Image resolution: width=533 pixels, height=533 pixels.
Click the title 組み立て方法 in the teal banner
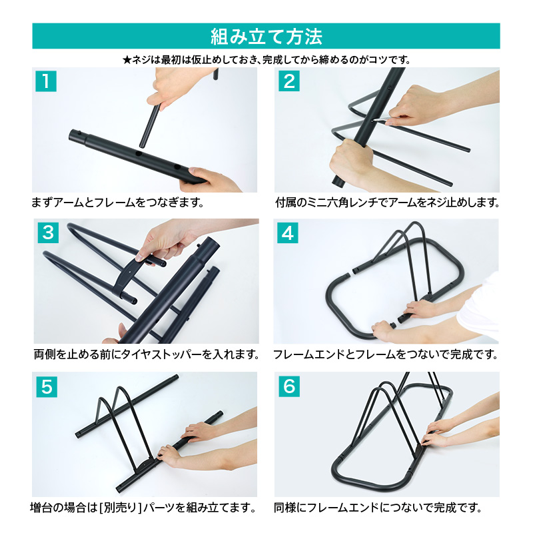266,37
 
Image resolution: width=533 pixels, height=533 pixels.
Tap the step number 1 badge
46,81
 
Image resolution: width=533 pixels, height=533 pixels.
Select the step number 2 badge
289,81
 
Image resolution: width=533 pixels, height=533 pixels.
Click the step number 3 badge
48,233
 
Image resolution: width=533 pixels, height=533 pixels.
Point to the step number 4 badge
288,233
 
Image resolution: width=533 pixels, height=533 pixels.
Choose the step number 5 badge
47,387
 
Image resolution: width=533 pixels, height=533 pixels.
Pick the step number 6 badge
289,386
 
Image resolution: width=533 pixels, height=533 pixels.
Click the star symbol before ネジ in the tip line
127,60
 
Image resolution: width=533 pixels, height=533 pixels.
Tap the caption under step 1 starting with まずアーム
118,203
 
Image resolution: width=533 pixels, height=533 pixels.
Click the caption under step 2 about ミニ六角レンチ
388,203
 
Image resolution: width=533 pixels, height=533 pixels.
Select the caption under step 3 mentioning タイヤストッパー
147,354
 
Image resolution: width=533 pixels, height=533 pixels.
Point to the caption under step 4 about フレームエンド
386,354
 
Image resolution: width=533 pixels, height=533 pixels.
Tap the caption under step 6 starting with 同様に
378,508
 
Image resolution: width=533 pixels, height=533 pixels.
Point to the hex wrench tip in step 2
374,120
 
